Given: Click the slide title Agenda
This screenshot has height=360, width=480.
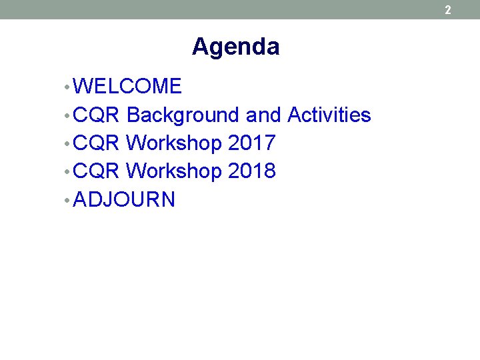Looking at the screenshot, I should click(235, 47).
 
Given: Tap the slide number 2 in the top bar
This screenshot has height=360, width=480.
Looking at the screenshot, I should click(448, 10).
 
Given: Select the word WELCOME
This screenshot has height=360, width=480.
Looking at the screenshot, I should click(127, 86).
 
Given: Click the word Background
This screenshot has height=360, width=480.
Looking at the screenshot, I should click(183, 115).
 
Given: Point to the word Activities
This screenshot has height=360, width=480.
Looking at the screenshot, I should click(329, 115).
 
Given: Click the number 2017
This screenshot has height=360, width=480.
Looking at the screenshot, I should click(251, 143).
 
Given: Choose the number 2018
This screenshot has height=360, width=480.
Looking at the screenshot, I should click(251, 171).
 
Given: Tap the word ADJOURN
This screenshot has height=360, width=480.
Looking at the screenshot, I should click(125, 199).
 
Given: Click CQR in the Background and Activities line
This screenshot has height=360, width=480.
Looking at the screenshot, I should click(97, 115).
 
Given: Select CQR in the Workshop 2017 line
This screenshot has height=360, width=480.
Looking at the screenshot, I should click(97, 143).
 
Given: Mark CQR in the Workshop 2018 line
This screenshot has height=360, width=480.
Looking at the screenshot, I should click(97, 171).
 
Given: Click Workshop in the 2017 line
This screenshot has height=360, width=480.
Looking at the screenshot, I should click(174, 143).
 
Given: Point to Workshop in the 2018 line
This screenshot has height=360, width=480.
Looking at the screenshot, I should click(174, 171).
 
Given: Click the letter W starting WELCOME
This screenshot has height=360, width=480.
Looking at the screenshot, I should click(84, 86).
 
